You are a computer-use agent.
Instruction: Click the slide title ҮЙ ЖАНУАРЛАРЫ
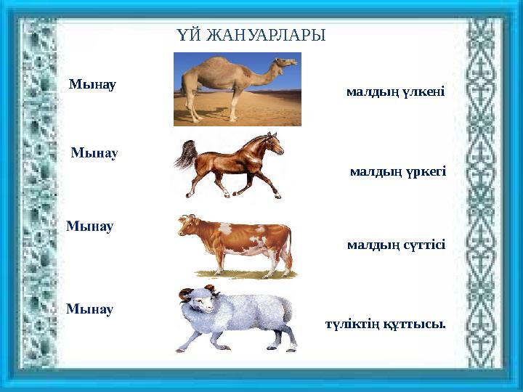pos(251,35)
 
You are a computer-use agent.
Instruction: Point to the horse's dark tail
pos(185,155)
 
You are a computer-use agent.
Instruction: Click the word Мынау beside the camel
pos(92,84)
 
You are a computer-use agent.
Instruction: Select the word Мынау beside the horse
pos(94,153)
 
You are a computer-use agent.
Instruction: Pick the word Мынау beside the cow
pos(90,226)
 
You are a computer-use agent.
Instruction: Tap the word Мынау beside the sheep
pos(90,309)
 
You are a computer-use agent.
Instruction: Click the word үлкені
pos(423,92)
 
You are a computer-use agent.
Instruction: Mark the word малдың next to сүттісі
pos(373,245)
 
